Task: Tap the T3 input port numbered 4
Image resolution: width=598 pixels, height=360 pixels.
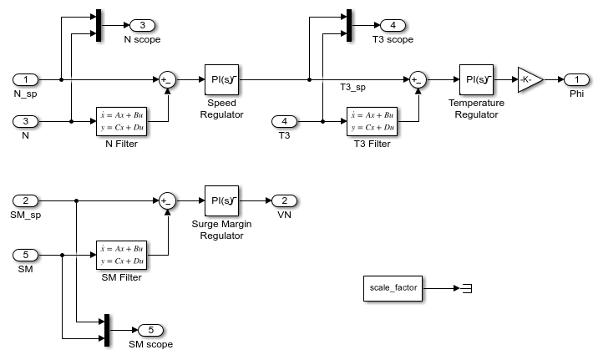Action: tap(284, 121)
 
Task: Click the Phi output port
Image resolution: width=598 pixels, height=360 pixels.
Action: tap(576, 79)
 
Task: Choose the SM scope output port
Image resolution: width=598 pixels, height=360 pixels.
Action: tap(150, 330)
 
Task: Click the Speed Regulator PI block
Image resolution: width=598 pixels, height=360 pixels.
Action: tap(221, 80)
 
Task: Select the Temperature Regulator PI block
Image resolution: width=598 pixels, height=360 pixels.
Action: tap(476, 80)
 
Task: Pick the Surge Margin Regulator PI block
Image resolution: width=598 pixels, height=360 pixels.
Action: tap(221, 201)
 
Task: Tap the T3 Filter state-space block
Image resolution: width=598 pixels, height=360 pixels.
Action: tap(371, 121)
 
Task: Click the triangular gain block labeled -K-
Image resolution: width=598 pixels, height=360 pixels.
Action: tap(529, 79)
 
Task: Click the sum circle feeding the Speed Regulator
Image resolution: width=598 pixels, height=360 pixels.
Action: tap(167, 80)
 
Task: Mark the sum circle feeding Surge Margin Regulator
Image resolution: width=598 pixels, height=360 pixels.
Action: tap(167, 201)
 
